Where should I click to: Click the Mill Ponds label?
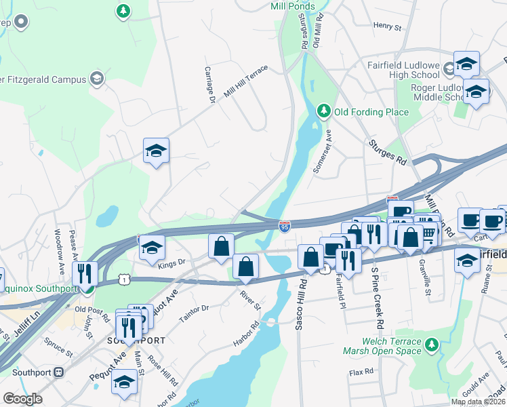(292, 6)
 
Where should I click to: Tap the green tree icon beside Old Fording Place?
(325, 111)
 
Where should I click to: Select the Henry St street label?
(387, 26)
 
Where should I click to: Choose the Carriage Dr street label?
(209, 85)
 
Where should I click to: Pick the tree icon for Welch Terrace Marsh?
(431, 346)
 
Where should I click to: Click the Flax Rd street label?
(361, 372)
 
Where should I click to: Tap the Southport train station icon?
(59, 372)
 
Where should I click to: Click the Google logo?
(22, 399)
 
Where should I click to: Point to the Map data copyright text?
(479, 402)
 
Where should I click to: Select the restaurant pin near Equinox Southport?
(85, 273)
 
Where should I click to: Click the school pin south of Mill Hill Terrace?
(156, 151)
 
